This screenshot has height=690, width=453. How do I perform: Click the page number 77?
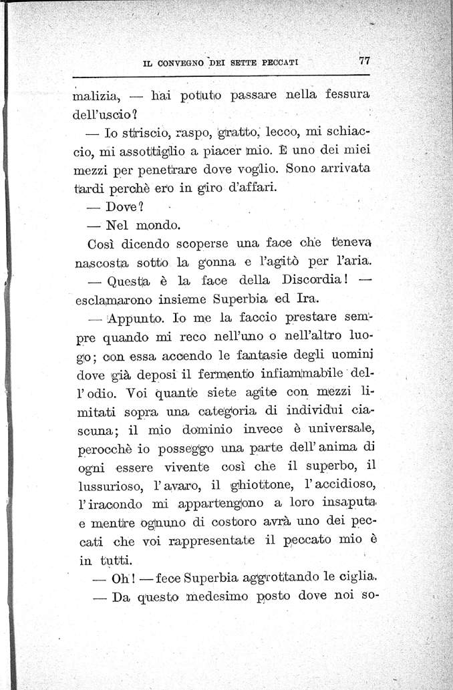[364, 59]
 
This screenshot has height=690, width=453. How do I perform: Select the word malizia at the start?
[98, 100]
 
